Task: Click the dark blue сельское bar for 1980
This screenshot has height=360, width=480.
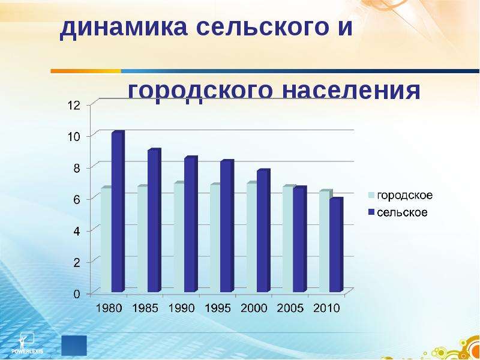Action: [x=118, y=211]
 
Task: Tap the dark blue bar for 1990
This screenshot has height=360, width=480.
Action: [x=191, y=224]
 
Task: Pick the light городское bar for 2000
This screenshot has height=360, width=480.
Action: [x=252, y=236]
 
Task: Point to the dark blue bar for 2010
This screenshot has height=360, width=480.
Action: [x=337, y=245]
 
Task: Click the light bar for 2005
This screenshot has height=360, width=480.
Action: [x=288, y=238]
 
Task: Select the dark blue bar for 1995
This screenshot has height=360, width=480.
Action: [x=227, y=226]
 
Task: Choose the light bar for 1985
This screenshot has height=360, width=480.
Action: [x=143, y=238]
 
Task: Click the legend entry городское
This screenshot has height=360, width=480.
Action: [x=400, y=196]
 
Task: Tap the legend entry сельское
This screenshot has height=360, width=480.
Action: [x=398, y=212]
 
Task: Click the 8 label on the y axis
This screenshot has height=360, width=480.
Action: [x=77, y=168]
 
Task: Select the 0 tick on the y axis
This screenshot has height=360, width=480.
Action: [x=77, y=294]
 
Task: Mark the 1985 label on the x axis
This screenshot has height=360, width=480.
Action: [x=145, y=308]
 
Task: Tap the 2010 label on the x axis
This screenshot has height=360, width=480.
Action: [x=327, y=308]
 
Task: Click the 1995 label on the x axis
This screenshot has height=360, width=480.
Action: [x=218, y=308]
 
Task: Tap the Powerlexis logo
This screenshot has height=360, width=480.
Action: [x=27, y=343]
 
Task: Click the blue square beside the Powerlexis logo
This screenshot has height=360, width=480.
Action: [x=74, y=346]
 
